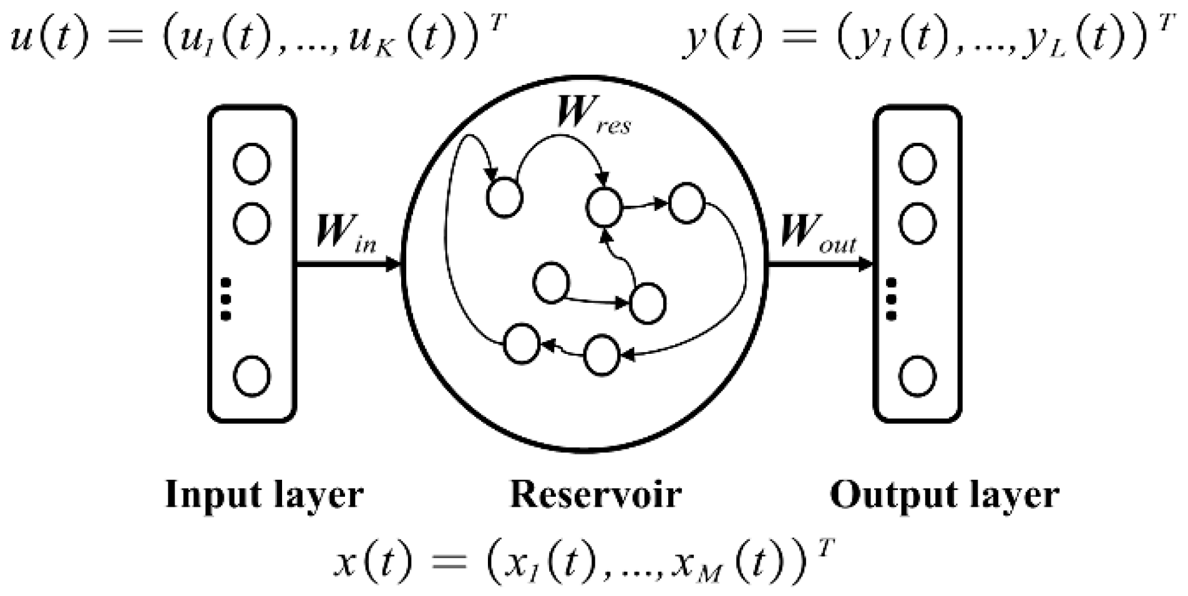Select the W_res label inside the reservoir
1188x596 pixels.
click(x=593, y=115)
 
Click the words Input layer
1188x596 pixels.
click(x=263, y=496)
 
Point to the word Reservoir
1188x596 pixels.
click(x=595, y=496)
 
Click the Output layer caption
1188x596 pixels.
click(x=944, y=496)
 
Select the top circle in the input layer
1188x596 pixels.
click(x=251, y=164)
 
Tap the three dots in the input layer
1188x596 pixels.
click(x=226, y=298)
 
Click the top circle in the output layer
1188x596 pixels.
click(x=917, y=164)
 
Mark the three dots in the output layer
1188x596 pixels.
click(x=892, y=298)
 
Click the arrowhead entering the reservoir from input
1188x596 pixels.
click(x=392, y=265)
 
